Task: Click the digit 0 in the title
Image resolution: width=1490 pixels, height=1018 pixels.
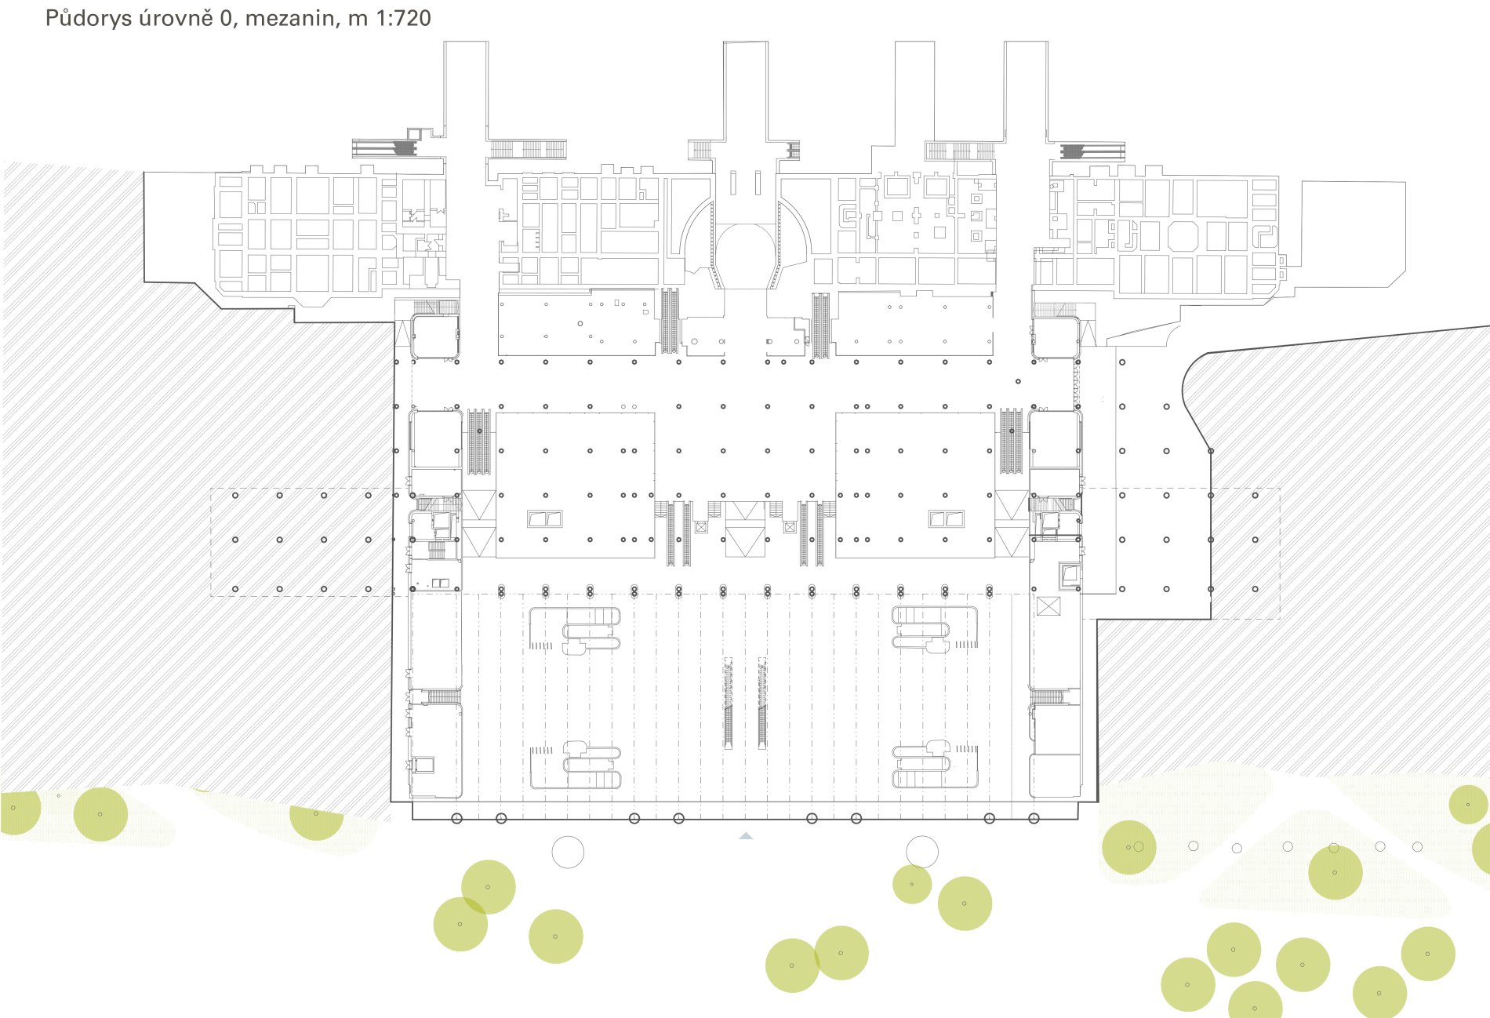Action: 226,18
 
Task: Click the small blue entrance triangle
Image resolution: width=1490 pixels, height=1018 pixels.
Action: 746,836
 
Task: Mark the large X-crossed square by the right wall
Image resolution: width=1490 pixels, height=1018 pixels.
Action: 1048,606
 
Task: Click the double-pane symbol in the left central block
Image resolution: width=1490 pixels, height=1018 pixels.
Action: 545,518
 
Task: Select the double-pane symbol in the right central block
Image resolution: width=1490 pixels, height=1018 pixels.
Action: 947,518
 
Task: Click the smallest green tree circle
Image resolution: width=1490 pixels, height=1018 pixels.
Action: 912,884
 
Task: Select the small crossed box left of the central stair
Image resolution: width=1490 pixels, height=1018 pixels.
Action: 700,527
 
